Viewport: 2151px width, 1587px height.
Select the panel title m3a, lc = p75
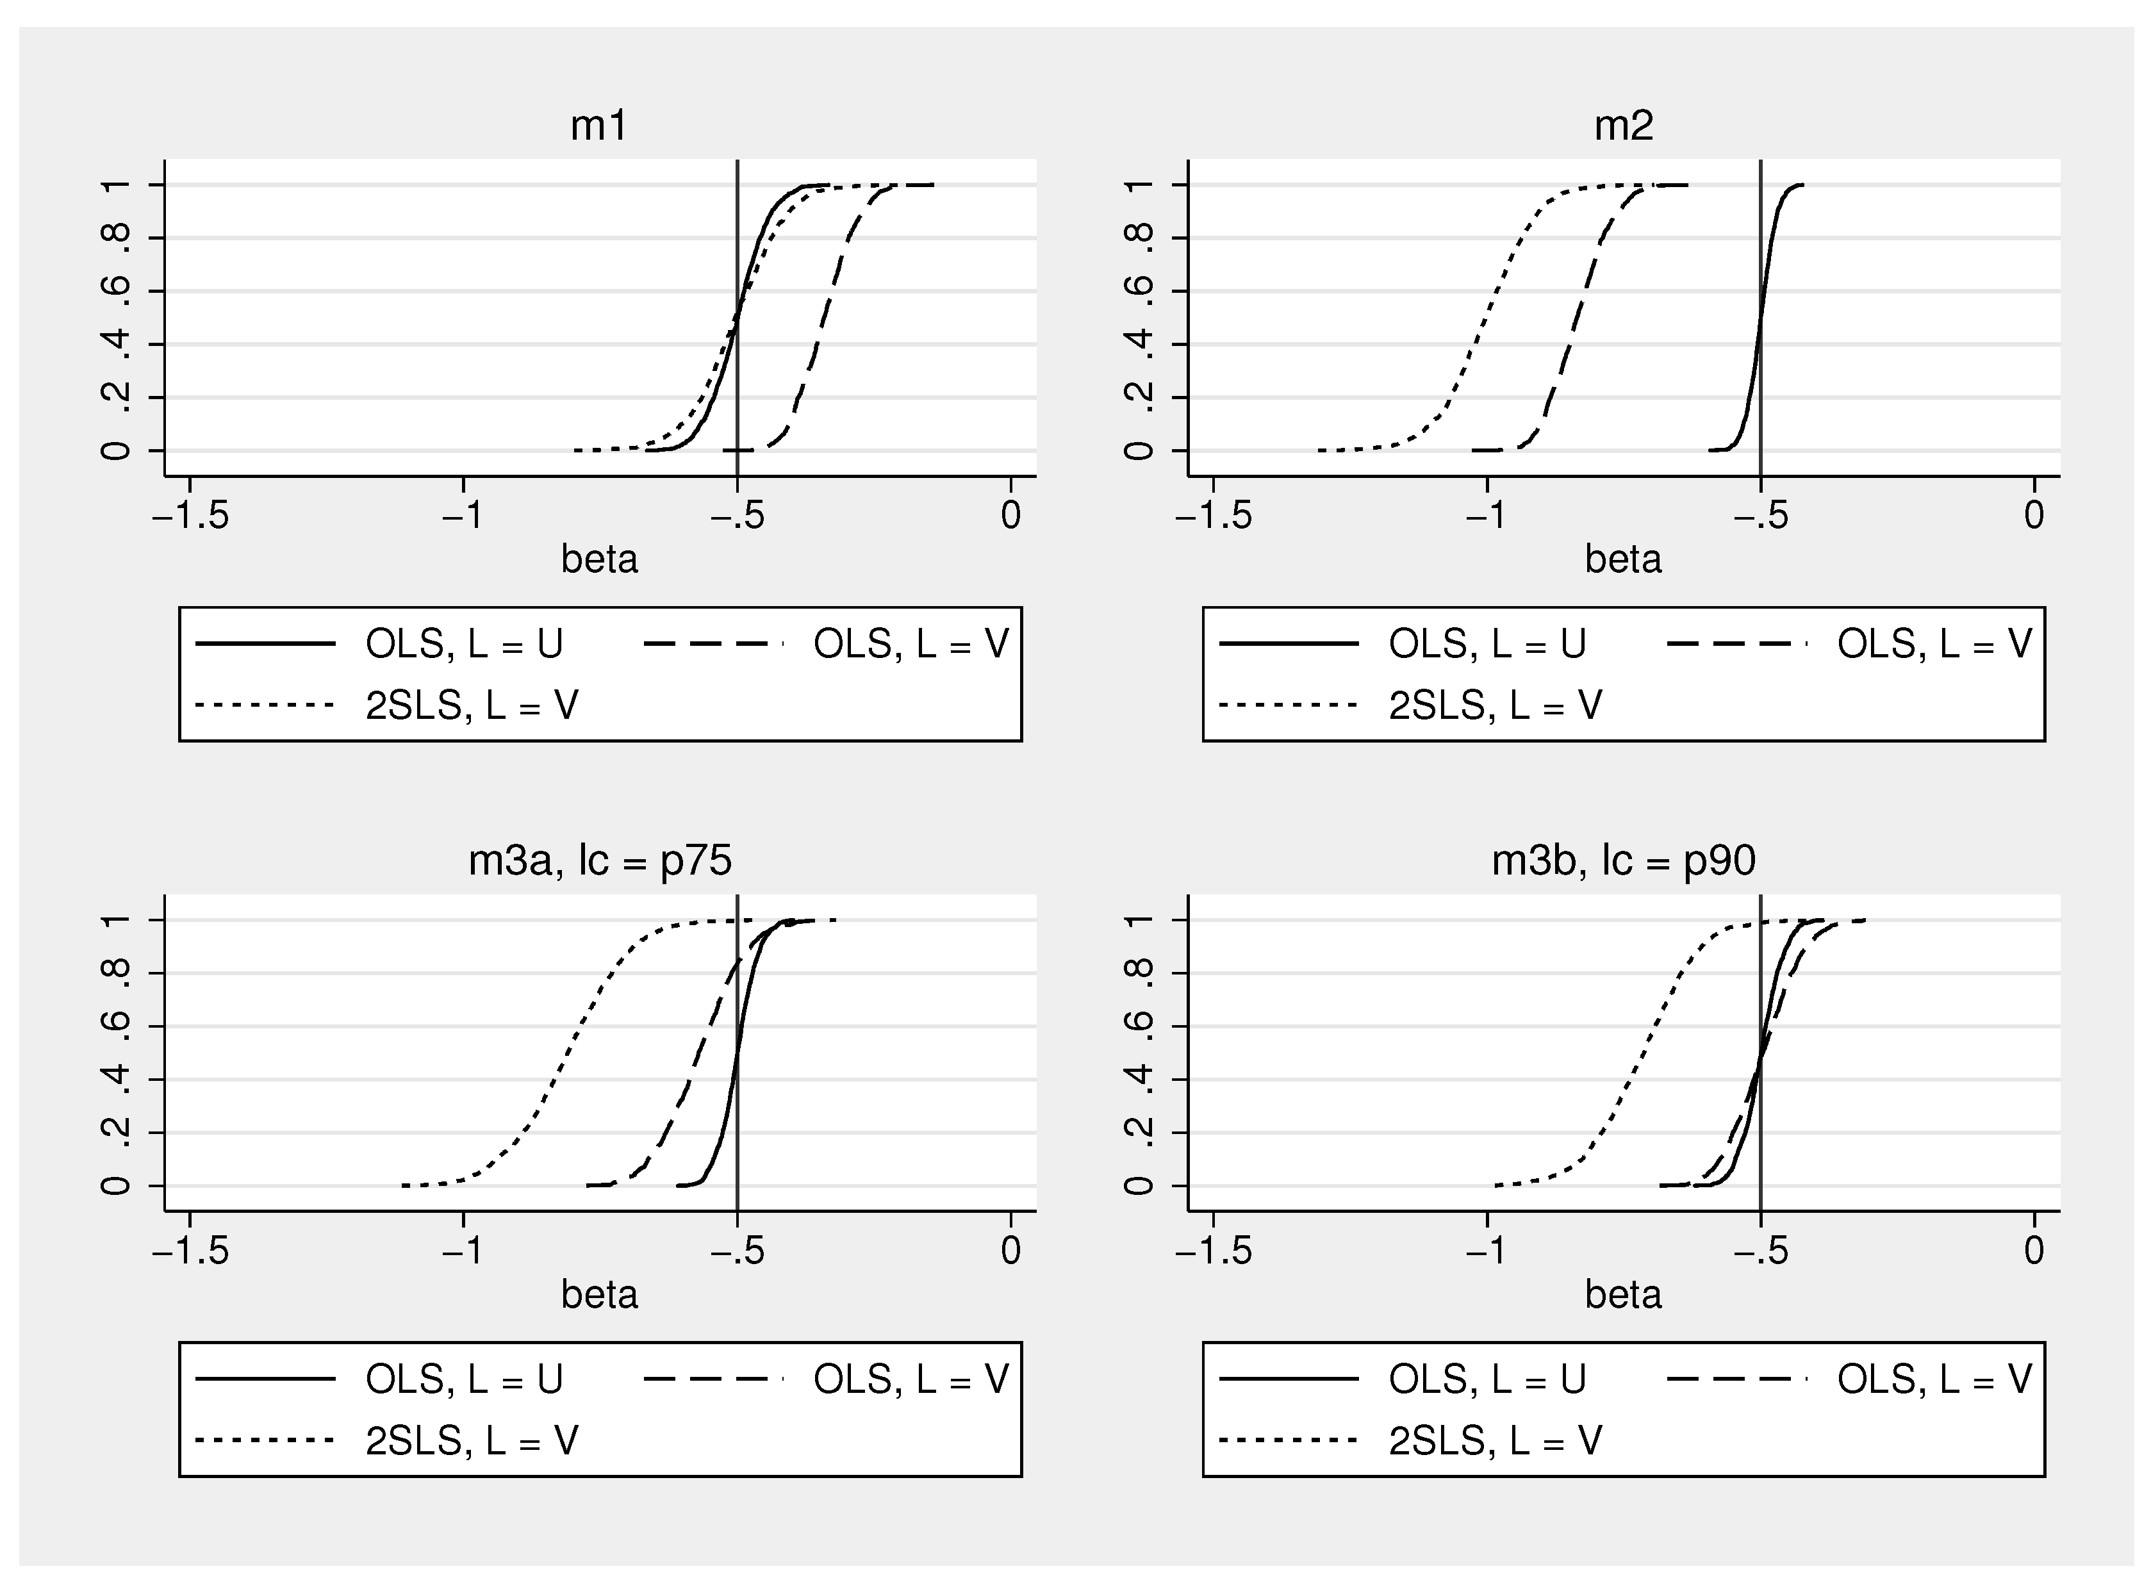pos(600,860)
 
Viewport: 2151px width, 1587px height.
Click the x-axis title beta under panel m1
pos(600,559)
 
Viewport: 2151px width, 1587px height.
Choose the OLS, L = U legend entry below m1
pos(463,644)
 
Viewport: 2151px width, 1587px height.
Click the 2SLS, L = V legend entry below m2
pos(1495,706)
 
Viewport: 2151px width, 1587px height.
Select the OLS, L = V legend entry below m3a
pos(910,1379)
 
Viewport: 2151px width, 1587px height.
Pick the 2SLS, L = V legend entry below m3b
pos(1495,1441)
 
